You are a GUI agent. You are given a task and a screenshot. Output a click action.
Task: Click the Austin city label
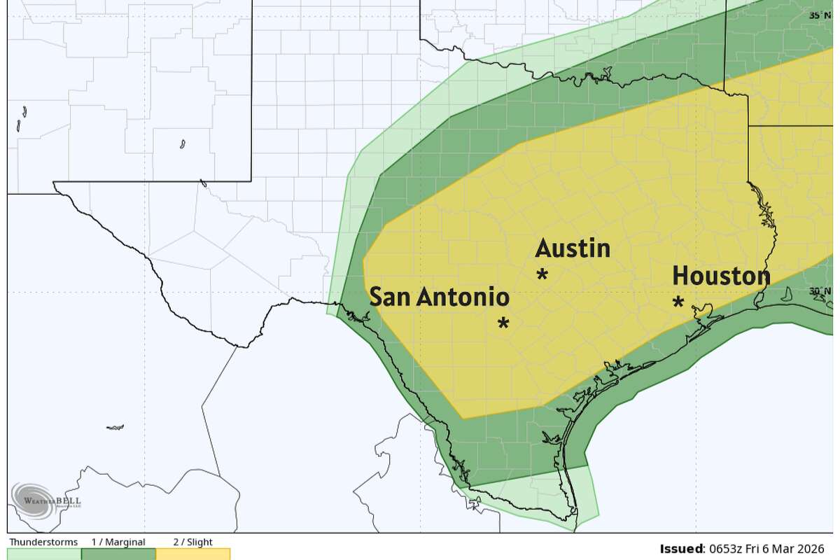click(x=573, y=248)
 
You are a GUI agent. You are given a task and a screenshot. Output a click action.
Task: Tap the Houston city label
click(x=721, y=276)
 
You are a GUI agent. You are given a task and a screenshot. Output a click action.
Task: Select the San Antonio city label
click(x=439, y=297)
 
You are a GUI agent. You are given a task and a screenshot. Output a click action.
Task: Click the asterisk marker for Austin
click(x=542, y=274)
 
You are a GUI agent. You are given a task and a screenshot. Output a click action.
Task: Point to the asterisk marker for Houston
click(x=678, y=302)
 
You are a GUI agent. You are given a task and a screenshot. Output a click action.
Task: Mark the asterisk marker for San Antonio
click(x=503, y=323)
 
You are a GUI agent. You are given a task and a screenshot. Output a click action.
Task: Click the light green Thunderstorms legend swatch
click(x=44, y=554)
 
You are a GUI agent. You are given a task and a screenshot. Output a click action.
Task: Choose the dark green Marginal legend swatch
click(x=118, y=554)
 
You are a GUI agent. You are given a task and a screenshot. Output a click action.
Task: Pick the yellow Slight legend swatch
click(x=192, y=554)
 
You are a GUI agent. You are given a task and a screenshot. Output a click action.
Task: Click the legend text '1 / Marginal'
click(x=118, y=542)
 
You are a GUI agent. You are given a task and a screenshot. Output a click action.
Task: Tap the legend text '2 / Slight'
click(x=192, y=542)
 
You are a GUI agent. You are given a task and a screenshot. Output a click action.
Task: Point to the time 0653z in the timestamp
click(x=726, y=548)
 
